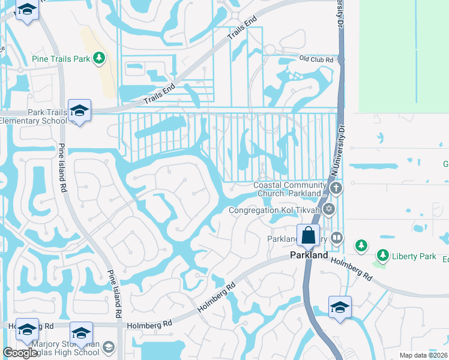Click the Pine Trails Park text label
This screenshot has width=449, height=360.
coord(59,58)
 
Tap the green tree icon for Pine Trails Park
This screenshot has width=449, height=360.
coord(100,58)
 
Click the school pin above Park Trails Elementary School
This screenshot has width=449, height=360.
coord(79,110)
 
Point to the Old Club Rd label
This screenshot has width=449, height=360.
coord(316,59)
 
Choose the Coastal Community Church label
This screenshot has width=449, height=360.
coord(291,189)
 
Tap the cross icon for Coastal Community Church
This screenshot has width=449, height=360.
coord(336,188)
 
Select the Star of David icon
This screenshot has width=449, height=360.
coord(328,209)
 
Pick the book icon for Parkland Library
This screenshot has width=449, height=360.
coord(336,238)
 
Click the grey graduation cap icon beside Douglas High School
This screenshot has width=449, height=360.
coord(108,347)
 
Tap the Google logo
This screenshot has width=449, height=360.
coord(20,353)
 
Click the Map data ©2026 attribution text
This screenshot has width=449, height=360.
coord(423,355)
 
